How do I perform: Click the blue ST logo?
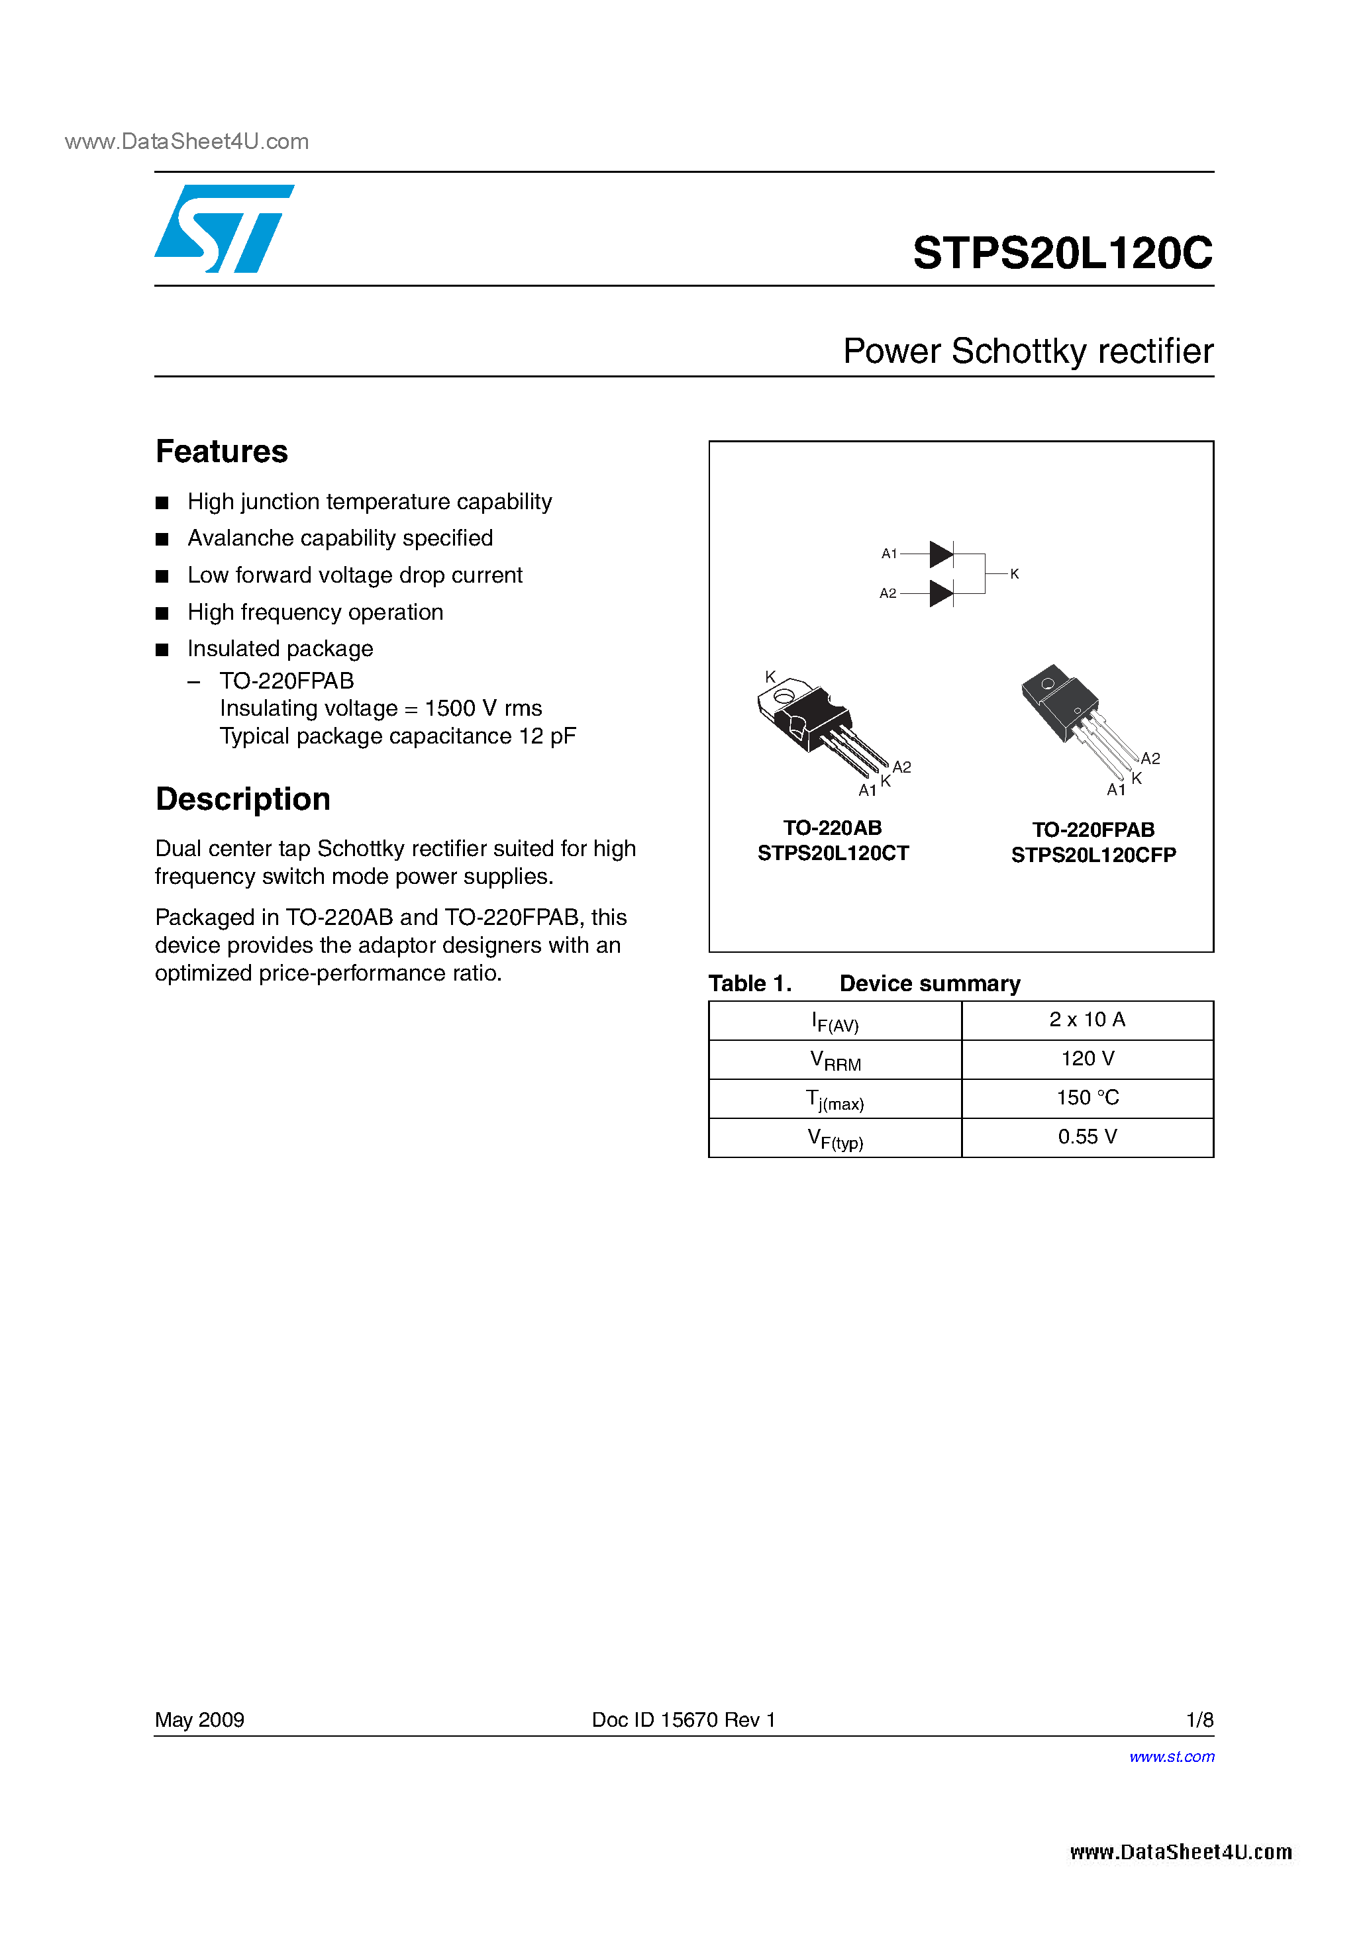(x=223, y=228)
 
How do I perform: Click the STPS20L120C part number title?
(x=1062, y=253)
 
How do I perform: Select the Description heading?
(x=243, y=799)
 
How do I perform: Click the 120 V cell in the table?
(x=1088, y=1059)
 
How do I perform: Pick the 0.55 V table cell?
(x=1088, y=1137)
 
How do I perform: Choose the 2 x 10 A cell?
(x=1088, y=1020)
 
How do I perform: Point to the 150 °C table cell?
(x=1088, y=1098)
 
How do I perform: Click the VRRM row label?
(x=835, y=1061)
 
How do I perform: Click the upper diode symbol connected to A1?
(x=941, y=554)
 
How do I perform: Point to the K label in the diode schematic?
(x=1015, y=574)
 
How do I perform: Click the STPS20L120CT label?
(x=833, y=853)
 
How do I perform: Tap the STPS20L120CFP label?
(x=1093, y=855)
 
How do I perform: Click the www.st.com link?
(x=1172, y=1757)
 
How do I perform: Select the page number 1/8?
(x=1199, y=1720)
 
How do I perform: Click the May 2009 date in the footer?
(x=199, y=1720)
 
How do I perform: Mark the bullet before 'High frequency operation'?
(x=162, y=613)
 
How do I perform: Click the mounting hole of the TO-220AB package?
(x=783, y=696)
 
